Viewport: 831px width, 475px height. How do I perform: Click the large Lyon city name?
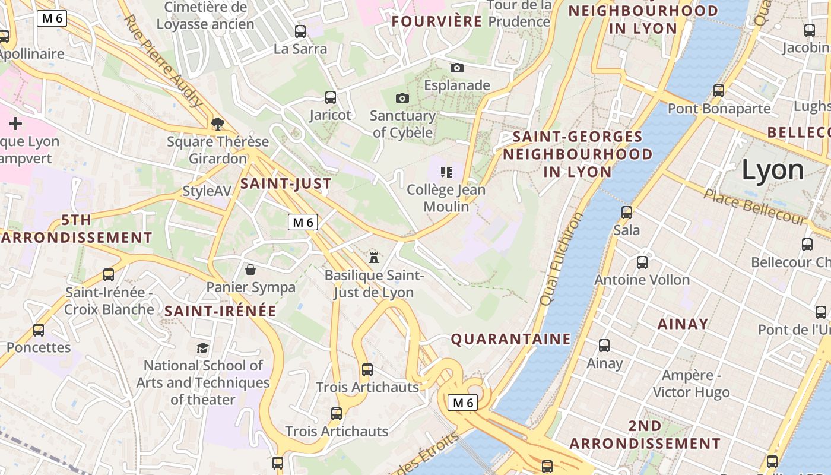(773, 170)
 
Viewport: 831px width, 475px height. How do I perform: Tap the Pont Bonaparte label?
(719, 109)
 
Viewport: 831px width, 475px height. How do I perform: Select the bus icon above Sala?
(626, 213)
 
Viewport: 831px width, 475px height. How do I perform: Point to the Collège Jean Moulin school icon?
(446, 173)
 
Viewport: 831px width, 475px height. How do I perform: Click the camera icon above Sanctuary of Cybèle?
(402, 98)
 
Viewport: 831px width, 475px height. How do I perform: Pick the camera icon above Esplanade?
(456, 68)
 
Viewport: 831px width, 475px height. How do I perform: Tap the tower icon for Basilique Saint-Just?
(374, 257)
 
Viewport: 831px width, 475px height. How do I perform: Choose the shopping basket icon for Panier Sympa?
(250, 270)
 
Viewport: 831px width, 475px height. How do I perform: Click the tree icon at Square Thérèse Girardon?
(218, 123)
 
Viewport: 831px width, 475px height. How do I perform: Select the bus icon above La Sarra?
(300, 31)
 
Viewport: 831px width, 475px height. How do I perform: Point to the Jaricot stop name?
(330, 115)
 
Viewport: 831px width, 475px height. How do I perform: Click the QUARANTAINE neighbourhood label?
(510, 339)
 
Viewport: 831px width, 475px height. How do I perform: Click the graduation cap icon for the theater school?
(203, 348)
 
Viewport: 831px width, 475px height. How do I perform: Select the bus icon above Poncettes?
(39, 330)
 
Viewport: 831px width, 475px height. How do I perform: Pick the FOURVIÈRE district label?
(437, 21)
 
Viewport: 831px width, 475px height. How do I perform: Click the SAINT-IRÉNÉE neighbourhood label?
(220, 311)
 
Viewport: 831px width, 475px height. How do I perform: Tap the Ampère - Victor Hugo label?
(691, 384)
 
